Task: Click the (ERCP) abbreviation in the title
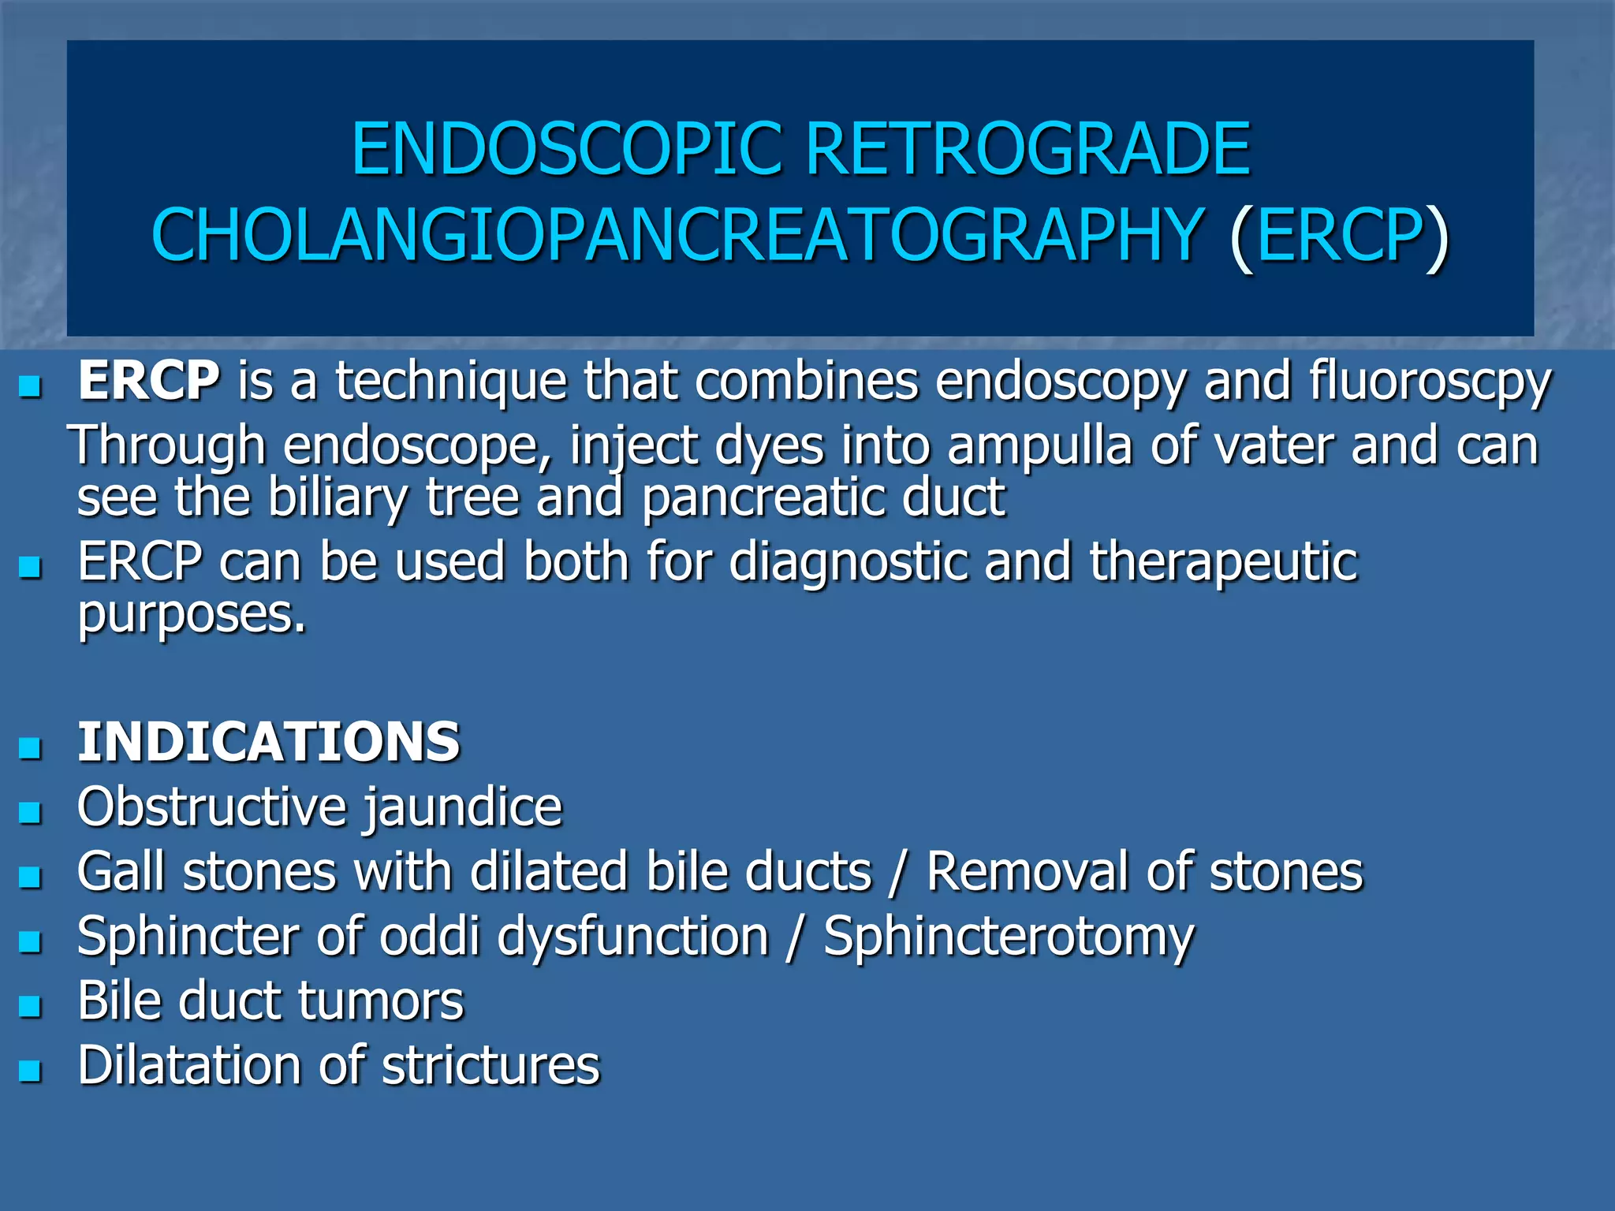[x=1339, y=235]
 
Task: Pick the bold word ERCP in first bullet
[x=149, y=381]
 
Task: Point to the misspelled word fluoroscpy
[x=1430, y=382]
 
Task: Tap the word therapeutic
[x=1223, y=562]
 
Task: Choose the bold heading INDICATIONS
[x=269, y=742]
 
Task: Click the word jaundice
[x=462, y=808]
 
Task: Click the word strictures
[x=490, y=1066]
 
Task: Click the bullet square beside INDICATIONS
[x=30, y=747]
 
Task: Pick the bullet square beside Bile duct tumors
[x=30, y=1006]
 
